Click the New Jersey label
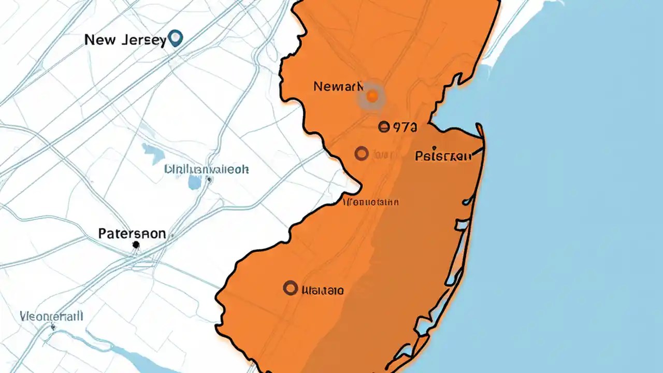[125, 40]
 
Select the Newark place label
[335, 87]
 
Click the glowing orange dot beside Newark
[372, 96]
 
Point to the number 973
[405, 127]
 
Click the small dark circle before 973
[383, 126]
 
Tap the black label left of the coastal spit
[443, 155]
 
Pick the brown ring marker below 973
[362, 153]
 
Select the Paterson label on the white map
[132, 234]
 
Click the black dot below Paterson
[136, 245]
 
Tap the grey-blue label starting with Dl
[206, 169]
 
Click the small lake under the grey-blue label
[195, 182]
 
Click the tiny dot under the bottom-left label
[53, 327]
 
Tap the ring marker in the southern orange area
[291, 288]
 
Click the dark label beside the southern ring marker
[322, 290]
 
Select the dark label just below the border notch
[371, 202]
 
